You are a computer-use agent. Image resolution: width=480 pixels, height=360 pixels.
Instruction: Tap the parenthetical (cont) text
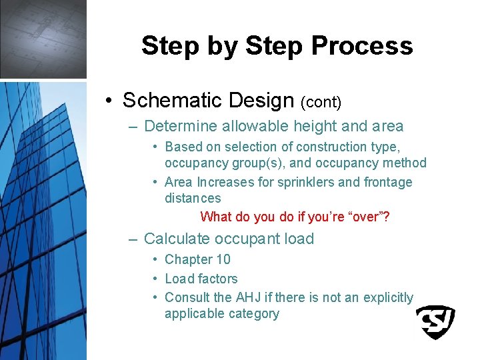pos(321,102)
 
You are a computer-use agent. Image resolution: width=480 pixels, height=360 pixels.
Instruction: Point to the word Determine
pos(180,126)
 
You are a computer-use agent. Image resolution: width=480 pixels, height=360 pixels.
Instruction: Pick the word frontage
pos(388,182)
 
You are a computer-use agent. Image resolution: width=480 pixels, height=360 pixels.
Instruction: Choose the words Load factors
pos(201,279)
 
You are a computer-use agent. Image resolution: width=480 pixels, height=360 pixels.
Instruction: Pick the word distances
pos(193,198)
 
